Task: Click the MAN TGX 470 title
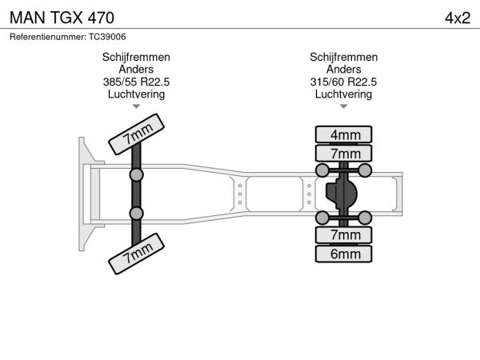62,17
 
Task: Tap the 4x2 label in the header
457,17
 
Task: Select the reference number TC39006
67,37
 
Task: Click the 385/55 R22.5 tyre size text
136,82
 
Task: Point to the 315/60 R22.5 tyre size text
344,82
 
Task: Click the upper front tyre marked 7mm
136,134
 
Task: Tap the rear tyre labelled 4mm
345,134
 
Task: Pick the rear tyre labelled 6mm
345,254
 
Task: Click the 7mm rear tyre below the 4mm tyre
345,154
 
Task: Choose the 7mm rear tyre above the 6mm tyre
345,235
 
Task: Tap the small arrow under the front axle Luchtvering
136,106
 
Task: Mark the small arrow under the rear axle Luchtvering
344,106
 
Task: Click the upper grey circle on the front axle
137,174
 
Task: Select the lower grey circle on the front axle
137,213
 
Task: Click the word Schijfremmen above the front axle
136,58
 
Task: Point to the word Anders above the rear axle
344,70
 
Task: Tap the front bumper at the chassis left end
82,194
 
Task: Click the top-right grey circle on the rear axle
365,170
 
